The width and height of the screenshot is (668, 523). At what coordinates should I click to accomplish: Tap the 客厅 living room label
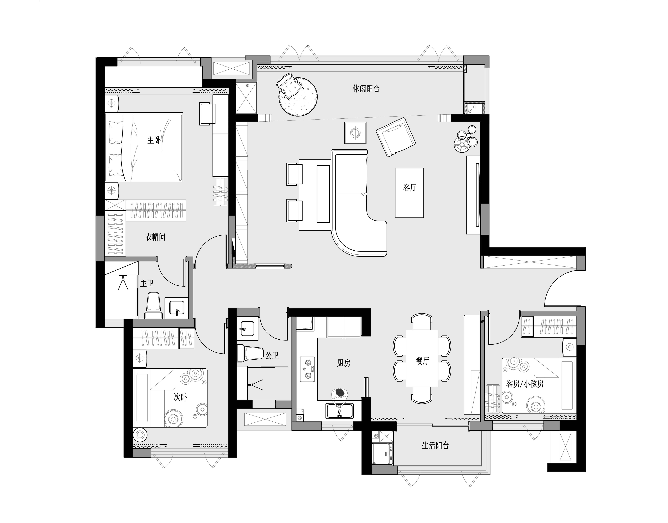click(x=410, y=187)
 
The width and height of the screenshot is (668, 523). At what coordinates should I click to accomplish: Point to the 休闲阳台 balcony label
click(x=366, y=89)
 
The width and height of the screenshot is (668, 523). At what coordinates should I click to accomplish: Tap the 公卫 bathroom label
click(x=272, y=355)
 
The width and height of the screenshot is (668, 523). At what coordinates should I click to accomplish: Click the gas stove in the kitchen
click(x=308, y=369)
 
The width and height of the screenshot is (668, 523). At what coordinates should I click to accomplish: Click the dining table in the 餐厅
click(x=422, y=358)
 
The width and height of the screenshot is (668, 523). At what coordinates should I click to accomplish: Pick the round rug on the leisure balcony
click(x=298, y=97)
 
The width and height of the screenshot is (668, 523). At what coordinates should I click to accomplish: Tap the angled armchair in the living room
click(x=396, y=137)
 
